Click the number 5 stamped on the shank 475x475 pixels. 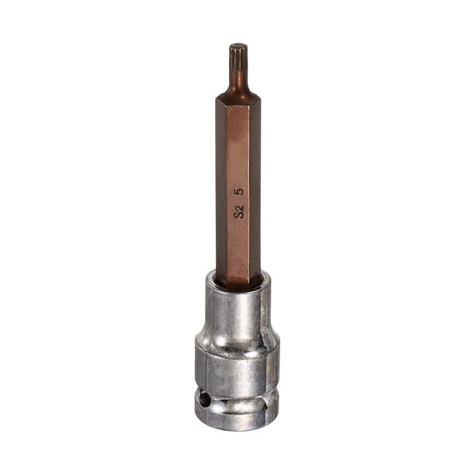[x=240, y=192]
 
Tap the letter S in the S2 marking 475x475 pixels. [x=238, y=215]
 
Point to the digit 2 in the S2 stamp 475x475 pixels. [x=239, y=207]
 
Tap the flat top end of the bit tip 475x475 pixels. [x=238, y=46]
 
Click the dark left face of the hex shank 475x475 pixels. [x=221, y=188]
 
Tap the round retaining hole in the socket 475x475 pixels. [x=206, y=404]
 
